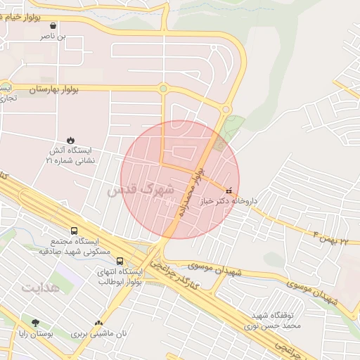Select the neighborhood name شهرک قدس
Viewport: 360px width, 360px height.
(x=141, y=190)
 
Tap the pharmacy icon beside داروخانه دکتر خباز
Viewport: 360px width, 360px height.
(x=228, y=191)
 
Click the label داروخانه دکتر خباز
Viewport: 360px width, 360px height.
(x=228, y=201)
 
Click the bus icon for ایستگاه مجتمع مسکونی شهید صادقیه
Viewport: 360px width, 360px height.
(x=75, y=231)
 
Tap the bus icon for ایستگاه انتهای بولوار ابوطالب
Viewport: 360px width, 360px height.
(x=120, y=261)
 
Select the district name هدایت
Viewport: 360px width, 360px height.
(x=41, y=288)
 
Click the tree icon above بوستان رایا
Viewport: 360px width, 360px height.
(x=35, y=323)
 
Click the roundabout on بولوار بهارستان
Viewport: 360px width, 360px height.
(x=163, y=89)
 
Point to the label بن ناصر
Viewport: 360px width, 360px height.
(x=53, y=35)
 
